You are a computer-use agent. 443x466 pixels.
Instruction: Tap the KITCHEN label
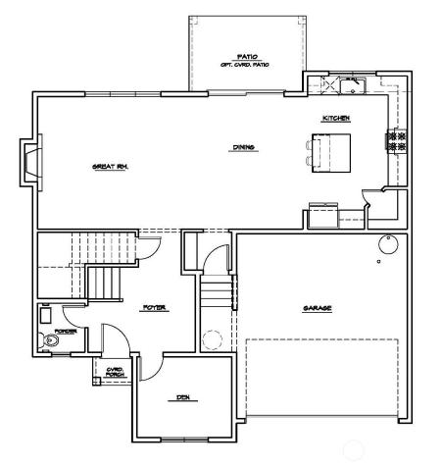click(x=336, y=119)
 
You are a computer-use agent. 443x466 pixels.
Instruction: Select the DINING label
click(x=244, y=148)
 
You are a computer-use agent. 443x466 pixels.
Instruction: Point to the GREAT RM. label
click(x=111, y=167)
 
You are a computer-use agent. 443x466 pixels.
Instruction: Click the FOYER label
click(x=154, y=308)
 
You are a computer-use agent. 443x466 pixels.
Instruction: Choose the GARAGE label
click(x=317, y=308)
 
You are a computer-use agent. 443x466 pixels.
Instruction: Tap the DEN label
click(x=181, y=397)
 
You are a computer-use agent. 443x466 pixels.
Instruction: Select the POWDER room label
click(x=66, y=332)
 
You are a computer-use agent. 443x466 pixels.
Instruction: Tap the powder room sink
click(x=46, y=316)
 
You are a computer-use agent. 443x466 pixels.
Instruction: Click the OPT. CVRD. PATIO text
click(x=244, y=65)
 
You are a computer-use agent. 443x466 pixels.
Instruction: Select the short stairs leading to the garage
click(x=218, y=291)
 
